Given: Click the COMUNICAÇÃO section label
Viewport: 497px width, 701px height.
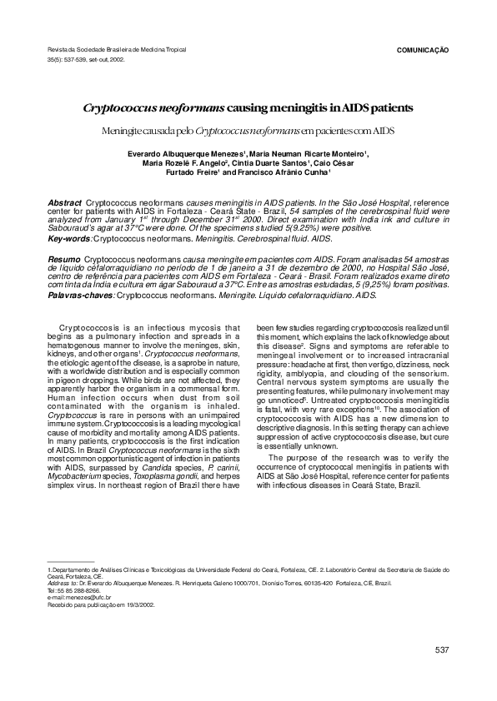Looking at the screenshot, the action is (421, 50).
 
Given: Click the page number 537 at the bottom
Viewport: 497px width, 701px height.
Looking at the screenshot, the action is (442, 649).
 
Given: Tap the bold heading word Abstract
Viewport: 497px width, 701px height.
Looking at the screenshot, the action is (65, 203).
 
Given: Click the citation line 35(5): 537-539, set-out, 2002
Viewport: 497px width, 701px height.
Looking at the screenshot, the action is (87, 60).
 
